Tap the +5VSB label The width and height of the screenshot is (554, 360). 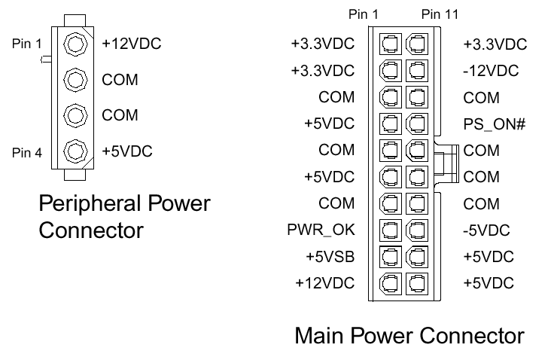click(330, 256)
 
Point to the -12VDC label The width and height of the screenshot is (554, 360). click(492, 71)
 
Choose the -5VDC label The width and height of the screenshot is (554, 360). click(487, 230)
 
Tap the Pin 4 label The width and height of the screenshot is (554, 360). click(27, 153)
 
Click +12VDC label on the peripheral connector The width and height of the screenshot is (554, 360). click(132, 44)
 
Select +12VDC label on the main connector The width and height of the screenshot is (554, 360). click(325, 282)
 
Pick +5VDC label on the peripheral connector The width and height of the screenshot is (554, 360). click(127, 151)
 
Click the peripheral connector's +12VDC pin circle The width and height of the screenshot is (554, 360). click(74, 43)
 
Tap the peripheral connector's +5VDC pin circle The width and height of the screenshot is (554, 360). click(74, 149)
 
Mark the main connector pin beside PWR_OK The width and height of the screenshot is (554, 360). click(390, 230)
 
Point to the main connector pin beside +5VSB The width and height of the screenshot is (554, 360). click(390, 256)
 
